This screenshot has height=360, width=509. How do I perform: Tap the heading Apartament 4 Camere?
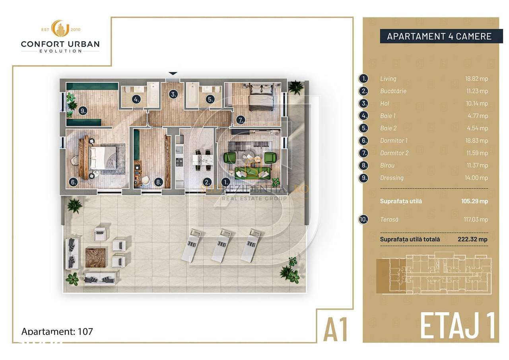pyautogui.click(x=439, y=37)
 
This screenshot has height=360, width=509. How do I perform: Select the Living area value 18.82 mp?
pyautogui.click(x=478, y=79)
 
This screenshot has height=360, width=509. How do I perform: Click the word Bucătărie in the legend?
pyautogui.click(x=393, y=91)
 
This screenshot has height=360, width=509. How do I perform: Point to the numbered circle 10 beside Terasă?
pyautogui.click(x=363, y=220)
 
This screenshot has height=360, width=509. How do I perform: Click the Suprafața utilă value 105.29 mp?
pyautogui.click(x=474, y=201)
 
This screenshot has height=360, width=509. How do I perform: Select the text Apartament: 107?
pyautogui.click(x=57, y=331)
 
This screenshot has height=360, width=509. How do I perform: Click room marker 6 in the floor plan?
pyautogui.click(x=73, y=182)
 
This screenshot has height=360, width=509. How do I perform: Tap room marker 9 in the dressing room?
pyautogui.click(x=83, y=111)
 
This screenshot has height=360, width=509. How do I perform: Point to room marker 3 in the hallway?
pyautogui.click(x=173, y=94)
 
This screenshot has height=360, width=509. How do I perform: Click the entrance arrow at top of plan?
pyautogui.click(x=173, y=74)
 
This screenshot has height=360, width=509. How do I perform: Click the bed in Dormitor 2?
pyautogui.click(x=261, y=97)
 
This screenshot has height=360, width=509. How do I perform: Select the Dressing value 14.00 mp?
pyautogui.click(x=478, y=178)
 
